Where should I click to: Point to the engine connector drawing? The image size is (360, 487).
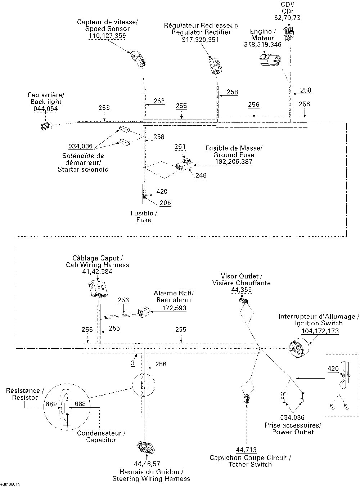point(270,61)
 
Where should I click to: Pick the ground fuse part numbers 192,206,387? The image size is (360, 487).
point(234,162)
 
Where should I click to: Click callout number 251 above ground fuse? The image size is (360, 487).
point(180,147)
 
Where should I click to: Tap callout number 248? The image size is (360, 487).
point(201,176)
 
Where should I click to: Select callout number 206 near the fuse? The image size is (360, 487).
point(165,203)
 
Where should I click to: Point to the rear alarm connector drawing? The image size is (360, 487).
point(144,312)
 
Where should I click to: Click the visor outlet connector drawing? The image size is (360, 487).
point(243,300)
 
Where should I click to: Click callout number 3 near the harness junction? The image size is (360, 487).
point(133,363)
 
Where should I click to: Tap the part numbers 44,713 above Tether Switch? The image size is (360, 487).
point(247,450)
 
